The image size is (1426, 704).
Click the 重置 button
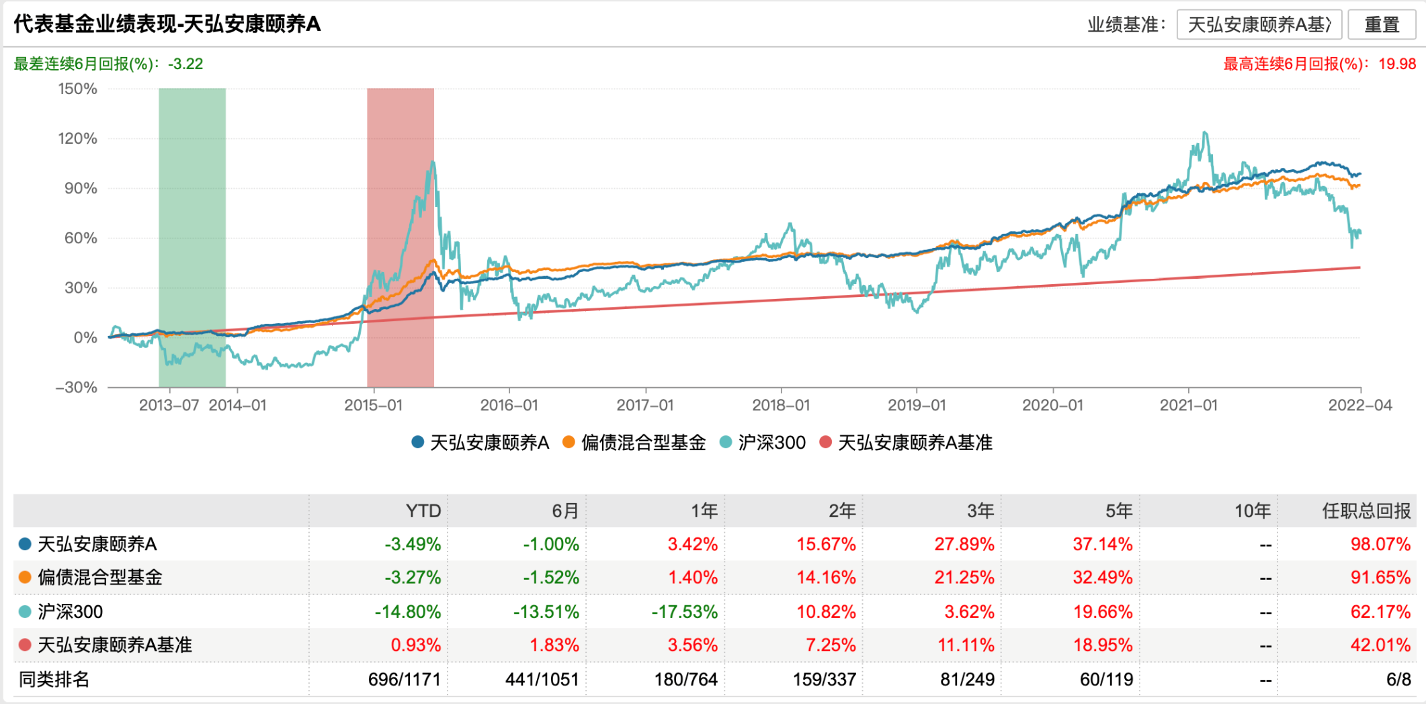coord(1381,25)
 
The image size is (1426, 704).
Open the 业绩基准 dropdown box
coord(1259,25)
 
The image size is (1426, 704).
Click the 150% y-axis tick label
coord(78,89)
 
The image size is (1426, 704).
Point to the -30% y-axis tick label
coord(77,388)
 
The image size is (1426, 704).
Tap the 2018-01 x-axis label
coord(781,406)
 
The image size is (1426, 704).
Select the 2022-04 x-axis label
coord(1360,406)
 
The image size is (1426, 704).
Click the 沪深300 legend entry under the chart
coord(763,443)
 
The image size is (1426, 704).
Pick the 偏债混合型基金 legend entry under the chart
coord(635,443)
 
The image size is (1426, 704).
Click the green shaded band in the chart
coord(192,235)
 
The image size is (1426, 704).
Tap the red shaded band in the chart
coord(401,235)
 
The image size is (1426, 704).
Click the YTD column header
coord(423,511)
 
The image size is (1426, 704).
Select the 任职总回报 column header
coord(1366,511)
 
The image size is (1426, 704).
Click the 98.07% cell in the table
coord(1380,544)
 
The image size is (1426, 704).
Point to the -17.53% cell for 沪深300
coord(684,612)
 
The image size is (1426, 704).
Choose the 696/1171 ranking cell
coord(404,680)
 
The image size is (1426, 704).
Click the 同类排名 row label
coord(54,680)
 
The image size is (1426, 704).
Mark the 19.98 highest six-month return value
coord(1397,64)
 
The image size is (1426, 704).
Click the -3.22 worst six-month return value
coord(185,64)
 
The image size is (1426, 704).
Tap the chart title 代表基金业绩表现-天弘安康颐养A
coord(167,24)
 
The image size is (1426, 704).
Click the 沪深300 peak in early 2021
coord(1205,133)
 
